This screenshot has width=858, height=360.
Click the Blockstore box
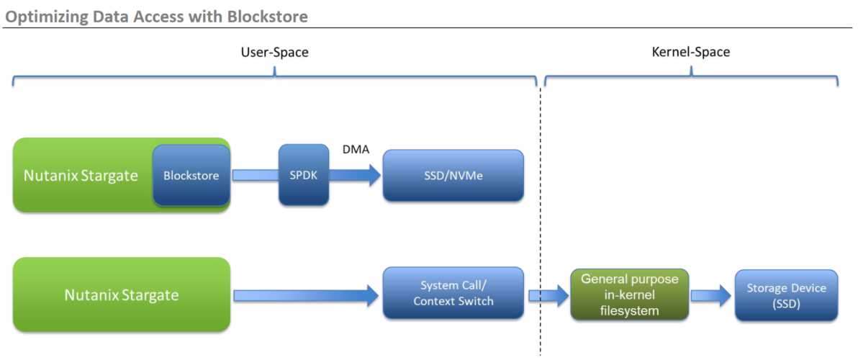coord(191,175)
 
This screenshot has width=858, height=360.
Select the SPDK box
coord(304,175)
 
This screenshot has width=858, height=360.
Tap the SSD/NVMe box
coord(453,175)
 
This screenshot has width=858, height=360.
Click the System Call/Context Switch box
coord(453,293)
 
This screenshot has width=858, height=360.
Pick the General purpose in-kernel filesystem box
coord(629,295)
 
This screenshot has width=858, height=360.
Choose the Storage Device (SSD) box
coord(786,295)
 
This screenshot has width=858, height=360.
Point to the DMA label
coord(356,148)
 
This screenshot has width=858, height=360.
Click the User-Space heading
coord(275,53)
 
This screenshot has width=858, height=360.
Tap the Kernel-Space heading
coord(691,53)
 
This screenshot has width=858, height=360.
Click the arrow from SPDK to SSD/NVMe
coord(355,176)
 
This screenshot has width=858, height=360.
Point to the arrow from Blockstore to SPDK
coord(255,175)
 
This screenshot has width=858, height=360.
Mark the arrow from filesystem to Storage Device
coord(711,295)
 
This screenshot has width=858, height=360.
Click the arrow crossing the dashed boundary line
coord(548,295)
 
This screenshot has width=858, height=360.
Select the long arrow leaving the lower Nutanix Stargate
coord(306,295)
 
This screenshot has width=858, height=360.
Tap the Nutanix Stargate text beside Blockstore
coord(81,176)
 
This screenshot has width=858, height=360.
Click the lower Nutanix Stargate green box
coord(122,294)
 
